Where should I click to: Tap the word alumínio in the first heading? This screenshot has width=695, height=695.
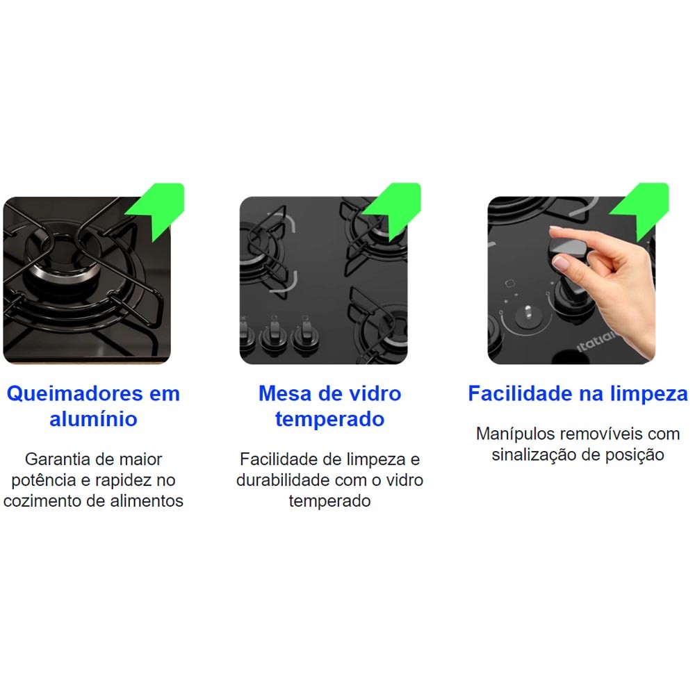pyautogui.click(x=93, y=419)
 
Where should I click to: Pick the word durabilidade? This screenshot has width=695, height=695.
pyautogui.click(x=283, y=480)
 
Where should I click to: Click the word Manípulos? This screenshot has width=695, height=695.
pyautogui.click(x=514, y=434)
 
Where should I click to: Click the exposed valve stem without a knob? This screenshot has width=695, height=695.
pyautogui.click(x=528, y=311)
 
